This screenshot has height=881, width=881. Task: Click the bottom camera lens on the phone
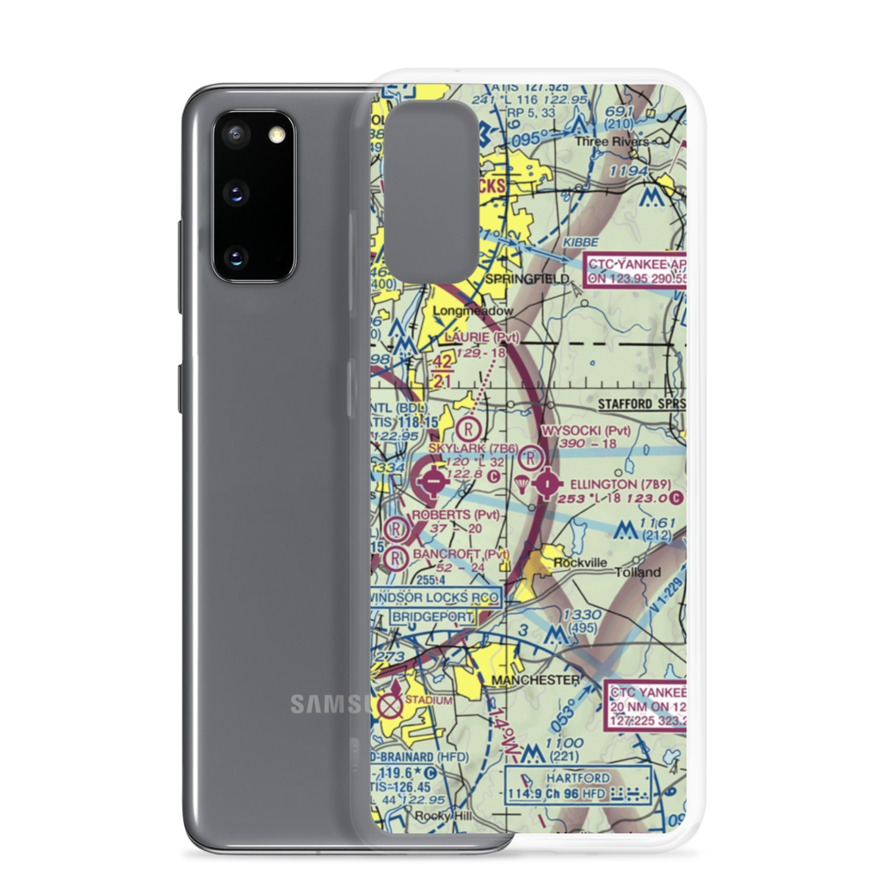point(234,256)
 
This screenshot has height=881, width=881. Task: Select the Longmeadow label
point(472,311)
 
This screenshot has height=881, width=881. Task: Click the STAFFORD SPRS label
point(640,403)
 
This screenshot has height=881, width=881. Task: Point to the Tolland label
point(638,573)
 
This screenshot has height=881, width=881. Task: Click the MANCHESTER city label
point(536,680)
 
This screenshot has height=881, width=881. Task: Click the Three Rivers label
point(611,141)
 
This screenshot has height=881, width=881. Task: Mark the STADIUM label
point(429,700)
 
